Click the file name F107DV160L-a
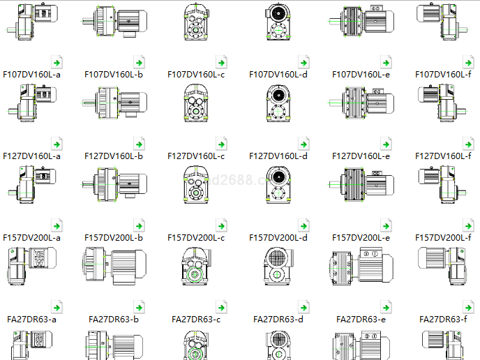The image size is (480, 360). point(31,74)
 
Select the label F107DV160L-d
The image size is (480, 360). point(278,74)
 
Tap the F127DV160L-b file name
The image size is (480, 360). point(113,156)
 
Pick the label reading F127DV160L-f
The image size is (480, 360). point(443,156)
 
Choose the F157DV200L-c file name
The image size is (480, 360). point(196,238)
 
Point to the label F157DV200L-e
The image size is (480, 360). point(361,238)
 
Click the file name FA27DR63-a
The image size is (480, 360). point(31,320)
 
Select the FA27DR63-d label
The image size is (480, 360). point(278,320)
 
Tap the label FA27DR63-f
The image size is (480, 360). point(443,320)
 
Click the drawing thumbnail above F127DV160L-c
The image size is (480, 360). point(196,103)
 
